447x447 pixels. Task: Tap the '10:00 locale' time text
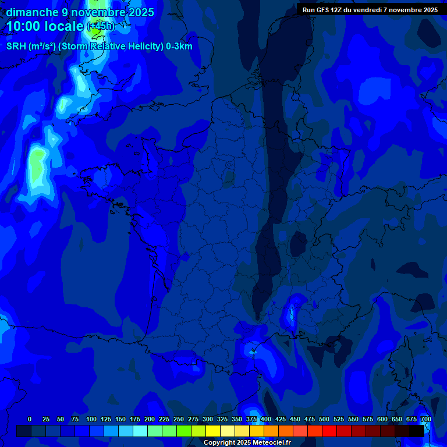click(x=45, y=27)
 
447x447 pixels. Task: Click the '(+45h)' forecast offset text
click(x=101, y=26)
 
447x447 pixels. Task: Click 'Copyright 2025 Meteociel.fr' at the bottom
click(x=247, y=442)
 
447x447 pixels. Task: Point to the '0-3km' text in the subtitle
click(x=179, y=47)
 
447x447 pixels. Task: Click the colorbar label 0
click(x=30, y=419)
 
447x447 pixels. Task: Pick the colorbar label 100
click(x=91, y=419)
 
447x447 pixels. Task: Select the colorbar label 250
click(x=179, y=419)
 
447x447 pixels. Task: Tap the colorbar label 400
click(x=266, y=419)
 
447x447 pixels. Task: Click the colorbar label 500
click(x=324, y=419)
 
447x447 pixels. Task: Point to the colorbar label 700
click(x=425, y=419)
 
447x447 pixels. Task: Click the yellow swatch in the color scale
click(x=213, y=431)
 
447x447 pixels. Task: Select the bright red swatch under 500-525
click(x=329, y=431)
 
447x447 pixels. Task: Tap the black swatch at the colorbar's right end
click(x=417, y=431)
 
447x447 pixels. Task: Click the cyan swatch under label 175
click(x=140, y=431)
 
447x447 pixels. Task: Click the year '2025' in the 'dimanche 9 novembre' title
click(x=141, y=12)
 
